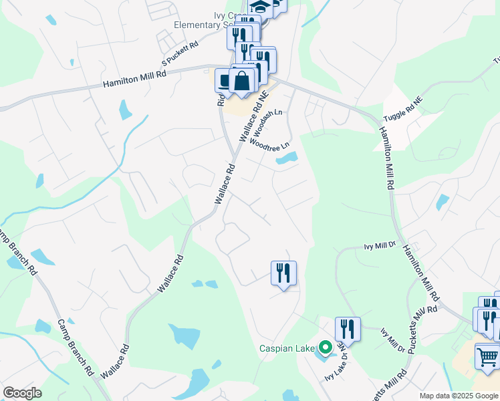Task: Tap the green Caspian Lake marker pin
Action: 326,348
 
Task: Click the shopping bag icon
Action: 242,81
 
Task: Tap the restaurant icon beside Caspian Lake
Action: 348,329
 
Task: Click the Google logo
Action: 22,393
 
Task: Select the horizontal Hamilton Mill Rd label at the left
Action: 134,79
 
